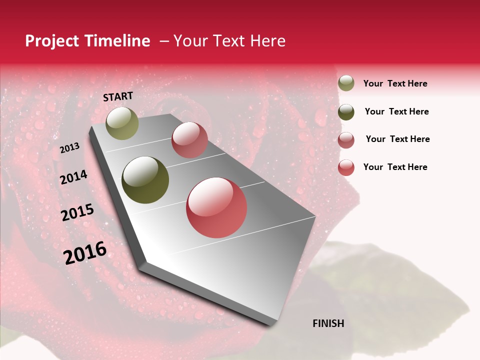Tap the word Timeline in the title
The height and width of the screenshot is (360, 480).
pyautogui.click(x=117, y=41)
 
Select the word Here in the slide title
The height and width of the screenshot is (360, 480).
pyautogui.click(x=267, y=41)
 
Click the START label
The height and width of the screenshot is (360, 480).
pyautogui.click(x=118, y=96)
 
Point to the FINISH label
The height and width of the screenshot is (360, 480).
pyautogui.click(x=328, y=323)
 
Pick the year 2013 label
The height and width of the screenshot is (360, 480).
pyautogui.click(x=70, y=148)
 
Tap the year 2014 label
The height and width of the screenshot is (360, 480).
pyautogui.click(x=73, y=177)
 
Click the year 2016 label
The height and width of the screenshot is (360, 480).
pyautogui.click(x=85, y=253)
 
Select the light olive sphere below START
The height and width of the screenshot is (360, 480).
pyautogui.click(x=122, y=123)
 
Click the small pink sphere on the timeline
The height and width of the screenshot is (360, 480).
pyautogui.click(x=189, y=139)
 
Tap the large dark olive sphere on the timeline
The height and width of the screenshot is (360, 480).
pyautogui.click(x=145, y=180)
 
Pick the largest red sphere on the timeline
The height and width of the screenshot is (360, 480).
pyautogui.click(x=216, y=207)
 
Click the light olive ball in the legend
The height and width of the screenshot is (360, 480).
pyautogui.click(x=346, y=83)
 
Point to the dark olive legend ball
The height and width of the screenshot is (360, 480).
pyautogui.click(x=346, y=112)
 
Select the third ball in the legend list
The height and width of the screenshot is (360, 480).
pyautogui.click(x=346, y=140)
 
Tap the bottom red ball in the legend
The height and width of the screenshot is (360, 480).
pyautogui.click(x=346, y=167)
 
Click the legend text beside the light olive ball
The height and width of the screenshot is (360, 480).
pyautogui.click(x=395, y=83)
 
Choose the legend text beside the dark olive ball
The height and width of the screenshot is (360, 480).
pyautogui.click(x=396, y=111)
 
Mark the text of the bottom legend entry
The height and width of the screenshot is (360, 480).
pyautogui.click(x=395, y=167)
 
